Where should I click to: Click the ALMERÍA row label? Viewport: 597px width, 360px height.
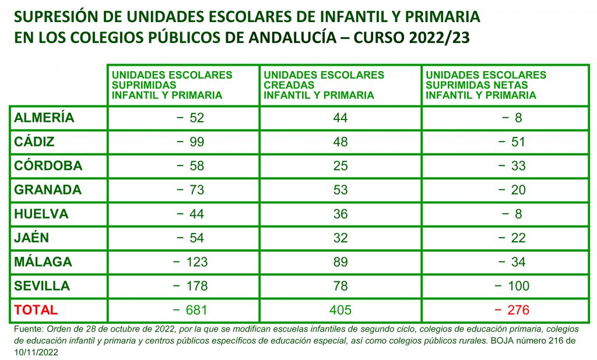tap(44, 118)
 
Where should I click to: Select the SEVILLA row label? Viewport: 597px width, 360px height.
tap(42, 286)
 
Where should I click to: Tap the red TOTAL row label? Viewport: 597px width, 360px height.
tap(36, 310)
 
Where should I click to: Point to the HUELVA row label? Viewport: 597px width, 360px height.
tap(41, 214)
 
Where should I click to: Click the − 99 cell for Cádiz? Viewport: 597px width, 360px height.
tap(189, 142)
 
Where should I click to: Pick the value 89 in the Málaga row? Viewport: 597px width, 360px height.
tap(340, 262)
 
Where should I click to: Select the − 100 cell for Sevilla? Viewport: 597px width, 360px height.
tap(512, 286)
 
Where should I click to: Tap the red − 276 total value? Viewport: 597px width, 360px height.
tap(512, 310)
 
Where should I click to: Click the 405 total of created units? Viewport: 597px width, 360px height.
tap(340, 310)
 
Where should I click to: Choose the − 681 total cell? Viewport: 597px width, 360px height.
tap(189, 310)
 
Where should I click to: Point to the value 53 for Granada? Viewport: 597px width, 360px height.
tap(340, 190)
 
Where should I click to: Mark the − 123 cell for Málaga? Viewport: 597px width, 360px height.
tap(189, 262)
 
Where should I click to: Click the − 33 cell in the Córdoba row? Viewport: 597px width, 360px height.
tap(512, 166)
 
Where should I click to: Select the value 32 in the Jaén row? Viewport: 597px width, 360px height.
tap(340, 238)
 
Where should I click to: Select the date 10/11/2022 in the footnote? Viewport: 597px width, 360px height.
tap(35, 352)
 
